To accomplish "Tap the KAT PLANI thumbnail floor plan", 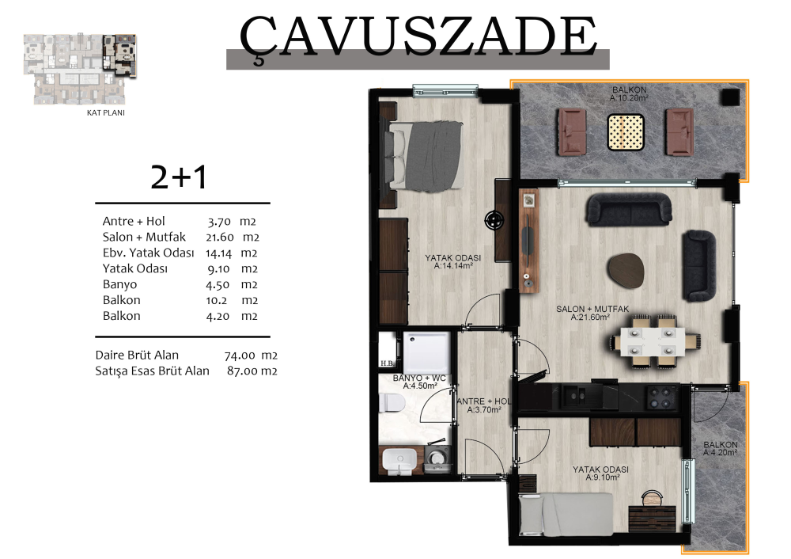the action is (80, 69).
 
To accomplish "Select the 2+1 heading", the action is (179, 177).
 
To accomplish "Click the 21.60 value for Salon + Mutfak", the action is (220, 238).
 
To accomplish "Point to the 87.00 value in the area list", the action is (240, 371).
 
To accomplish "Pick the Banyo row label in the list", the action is (119, 284).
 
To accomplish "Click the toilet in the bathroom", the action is (393, 403).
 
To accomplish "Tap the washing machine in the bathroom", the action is (438, 458).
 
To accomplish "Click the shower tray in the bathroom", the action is (426, 352).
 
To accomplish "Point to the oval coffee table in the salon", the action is (626, 270).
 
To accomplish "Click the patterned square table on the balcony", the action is (626, 132).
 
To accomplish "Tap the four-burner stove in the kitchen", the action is (662, 397).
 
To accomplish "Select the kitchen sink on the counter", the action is (576, 397).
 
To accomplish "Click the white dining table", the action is (653, 342).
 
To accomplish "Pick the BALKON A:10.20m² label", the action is (629, 94).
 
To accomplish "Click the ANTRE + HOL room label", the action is (484, 405).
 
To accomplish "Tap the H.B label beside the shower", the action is (387, 363).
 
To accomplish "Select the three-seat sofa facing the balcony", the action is (629, 209).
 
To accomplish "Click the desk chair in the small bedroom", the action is (653, 497).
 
